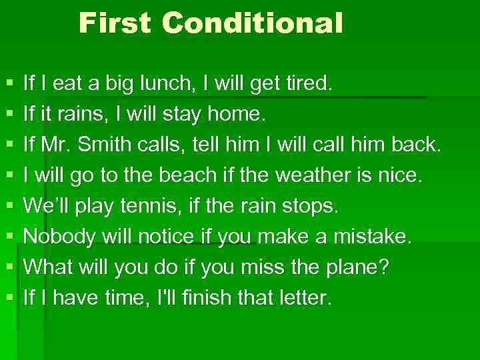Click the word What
[47, 268]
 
